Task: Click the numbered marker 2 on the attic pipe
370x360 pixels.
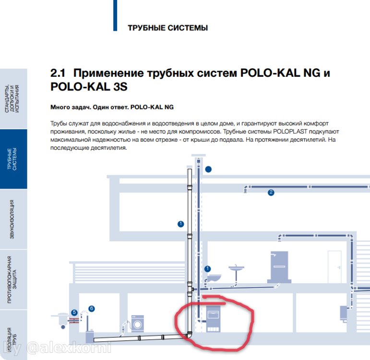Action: [271, 192]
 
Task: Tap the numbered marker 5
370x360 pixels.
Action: [74, 312]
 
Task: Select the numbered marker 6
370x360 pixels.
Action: [92, 309]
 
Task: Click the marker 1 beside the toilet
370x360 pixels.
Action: [208, 269]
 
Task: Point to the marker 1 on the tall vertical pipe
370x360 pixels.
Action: [180, 224]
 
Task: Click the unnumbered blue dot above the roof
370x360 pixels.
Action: [208, 169]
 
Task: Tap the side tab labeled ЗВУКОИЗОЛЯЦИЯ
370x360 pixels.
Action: [13, 219]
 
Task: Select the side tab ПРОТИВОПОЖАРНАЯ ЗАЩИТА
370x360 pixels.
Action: [13, 279]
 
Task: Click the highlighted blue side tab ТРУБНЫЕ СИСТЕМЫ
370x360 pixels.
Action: [13, 158]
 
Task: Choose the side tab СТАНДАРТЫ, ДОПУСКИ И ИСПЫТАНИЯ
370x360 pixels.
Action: [13, 98]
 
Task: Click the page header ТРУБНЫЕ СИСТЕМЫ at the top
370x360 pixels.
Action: [167, 28]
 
